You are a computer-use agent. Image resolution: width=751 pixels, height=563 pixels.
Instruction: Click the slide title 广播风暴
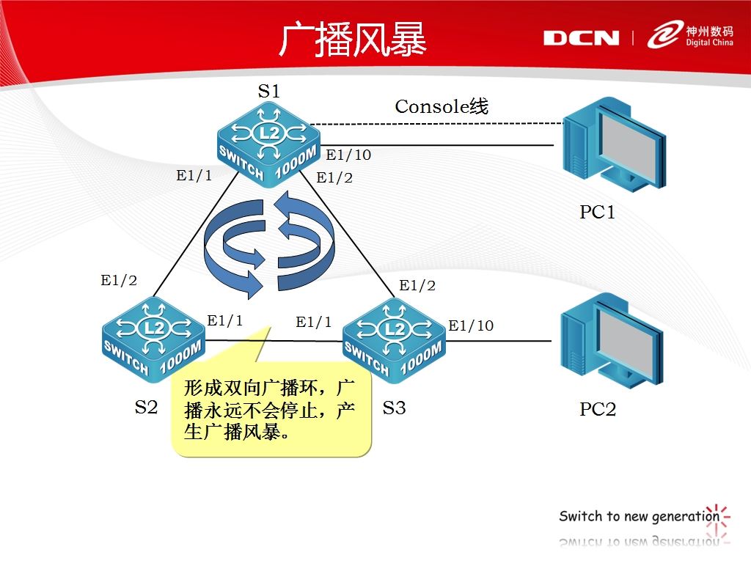point(352,40)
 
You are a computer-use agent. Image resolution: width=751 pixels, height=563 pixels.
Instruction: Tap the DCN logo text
point(581,38)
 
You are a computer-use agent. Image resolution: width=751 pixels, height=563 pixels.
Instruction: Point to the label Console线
point(442,106)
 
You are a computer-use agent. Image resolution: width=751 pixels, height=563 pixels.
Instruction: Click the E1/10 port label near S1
point(348,155)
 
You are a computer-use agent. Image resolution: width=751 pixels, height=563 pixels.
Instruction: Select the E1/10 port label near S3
point(471,325)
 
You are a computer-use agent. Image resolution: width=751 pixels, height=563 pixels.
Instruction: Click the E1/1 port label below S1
point(194,175)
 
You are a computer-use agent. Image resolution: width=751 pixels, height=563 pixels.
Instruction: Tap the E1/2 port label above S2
point(119,280)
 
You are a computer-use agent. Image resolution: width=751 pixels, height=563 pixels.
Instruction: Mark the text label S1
point(268,91)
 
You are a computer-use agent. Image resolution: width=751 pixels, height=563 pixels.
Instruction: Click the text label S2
point(146,407)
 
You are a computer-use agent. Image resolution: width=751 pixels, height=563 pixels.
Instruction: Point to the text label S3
point(394,407)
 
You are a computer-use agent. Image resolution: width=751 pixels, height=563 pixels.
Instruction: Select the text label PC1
point(597,213)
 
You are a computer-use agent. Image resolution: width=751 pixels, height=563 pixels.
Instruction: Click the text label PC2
point(598,409)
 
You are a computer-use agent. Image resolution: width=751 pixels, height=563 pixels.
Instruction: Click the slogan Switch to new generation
point(640,516)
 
